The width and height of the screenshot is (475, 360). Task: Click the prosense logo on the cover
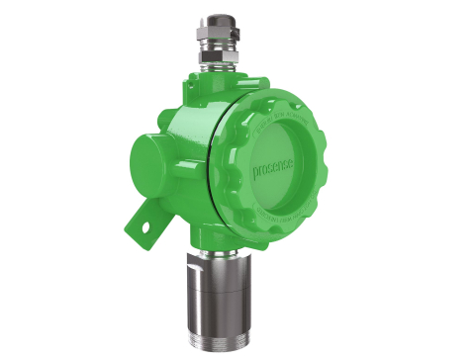coord(274,168)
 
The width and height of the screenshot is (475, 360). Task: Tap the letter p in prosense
coord(254,181)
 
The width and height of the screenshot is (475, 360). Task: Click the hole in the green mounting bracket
coord(148,225)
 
